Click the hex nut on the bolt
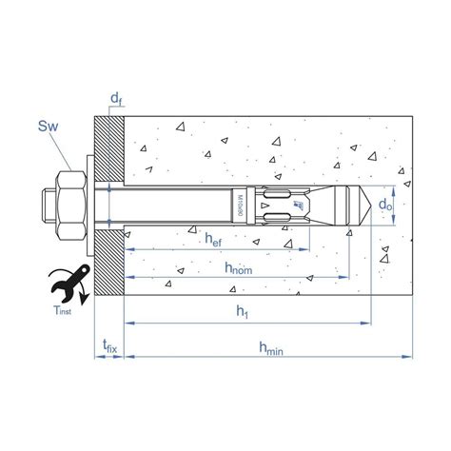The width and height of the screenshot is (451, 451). coord(69,204)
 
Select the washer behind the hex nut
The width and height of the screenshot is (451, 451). coord(89,204)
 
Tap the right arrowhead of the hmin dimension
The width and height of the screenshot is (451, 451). coord(411,358)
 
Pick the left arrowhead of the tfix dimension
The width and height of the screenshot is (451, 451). coord(97,358)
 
